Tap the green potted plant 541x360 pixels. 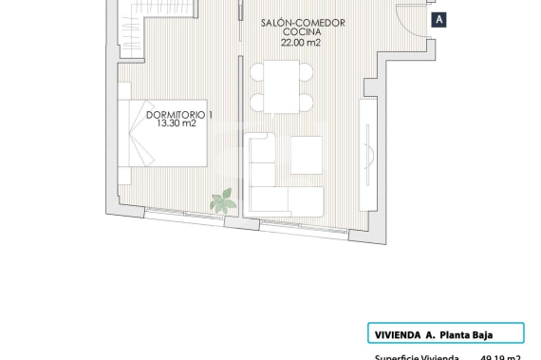point(223,199)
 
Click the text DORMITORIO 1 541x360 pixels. point(179,115)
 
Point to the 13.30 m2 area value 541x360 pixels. point(176,125)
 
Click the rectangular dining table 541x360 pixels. point(281,86)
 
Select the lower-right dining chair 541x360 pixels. point(305,102)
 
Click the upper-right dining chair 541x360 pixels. point(305,71)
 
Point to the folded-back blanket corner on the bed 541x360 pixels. point(140,147)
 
